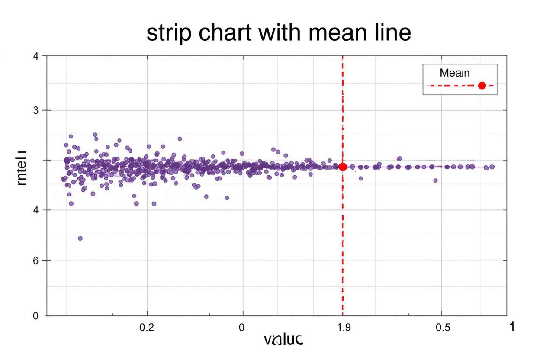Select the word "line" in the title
pos(391,33)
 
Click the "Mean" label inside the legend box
pos(454,73)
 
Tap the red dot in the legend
pos(482,86)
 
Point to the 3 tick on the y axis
pos(36,110)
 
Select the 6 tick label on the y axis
pos(36,260)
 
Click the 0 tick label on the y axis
pos(36,316)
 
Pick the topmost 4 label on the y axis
pos(36,56)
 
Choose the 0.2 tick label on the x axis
pos(147,328)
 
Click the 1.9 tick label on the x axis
pos(343,328)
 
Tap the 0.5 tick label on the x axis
pos(442,328)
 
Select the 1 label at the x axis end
pos(512,327)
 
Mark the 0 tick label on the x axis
pos(242,328)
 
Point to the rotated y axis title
pos(22,168)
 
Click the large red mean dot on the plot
pos(343,167)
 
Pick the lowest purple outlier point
pos(80,238)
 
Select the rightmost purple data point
pos(492,167)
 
